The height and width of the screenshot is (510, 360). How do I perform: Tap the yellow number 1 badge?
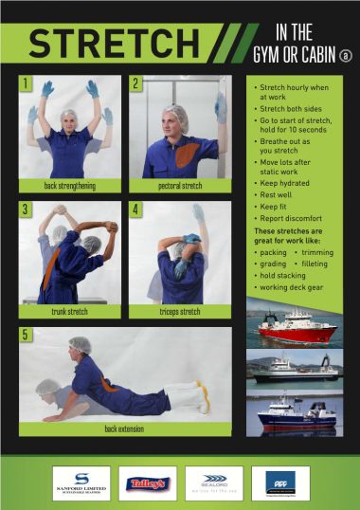[27, 83]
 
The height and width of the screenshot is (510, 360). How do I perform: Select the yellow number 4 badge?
[135, 209]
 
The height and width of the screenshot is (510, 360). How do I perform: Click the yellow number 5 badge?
[27, 334]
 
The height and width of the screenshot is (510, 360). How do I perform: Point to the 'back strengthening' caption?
[69, 185]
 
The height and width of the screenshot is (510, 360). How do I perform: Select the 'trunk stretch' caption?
[70, 310]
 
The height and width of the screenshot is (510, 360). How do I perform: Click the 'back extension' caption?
[124, 428]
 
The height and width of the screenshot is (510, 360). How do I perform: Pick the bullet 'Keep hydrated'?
[288, 183]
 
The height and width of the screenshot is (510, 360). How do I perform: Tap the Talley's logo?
[148, 483]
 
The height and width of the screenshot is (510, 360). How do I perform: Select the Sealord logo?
[214, 483]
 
